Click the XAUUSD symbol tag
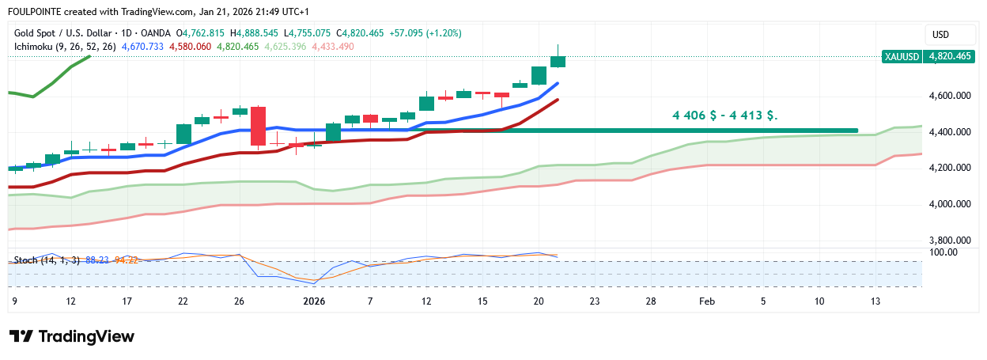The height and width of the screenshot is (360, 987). (902, 57)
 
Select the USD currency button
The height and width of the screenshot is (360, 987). (940, 35)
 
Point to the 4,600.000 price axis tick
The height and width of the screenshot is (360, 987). (949, 96)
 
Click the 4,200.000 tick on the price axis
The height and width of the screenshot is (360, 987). (949, 168)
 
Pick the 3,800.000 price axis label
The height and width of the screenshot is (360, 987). (949, 240)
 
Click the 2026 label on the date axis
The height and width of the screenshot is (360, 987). (314, 301)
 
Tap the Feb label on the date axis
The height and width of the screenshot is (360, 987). (707, 301)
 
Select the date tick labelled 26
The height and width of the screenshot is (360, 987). (240, 301)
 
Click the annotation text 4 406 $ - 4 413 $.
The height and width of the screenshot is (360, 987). (724, 116)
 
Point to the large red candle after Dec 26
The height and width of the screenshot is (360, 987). (258, 127)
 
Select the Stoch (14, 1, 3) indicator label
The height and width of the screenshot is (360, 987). (47, 260)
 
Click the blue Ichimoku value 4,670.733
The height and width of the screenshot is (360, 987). (142, 47)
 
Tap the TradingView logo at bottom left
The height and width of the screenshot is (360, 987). (72, 336)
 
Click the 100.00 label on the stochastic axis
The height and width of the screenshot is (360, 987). (944, 252)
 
